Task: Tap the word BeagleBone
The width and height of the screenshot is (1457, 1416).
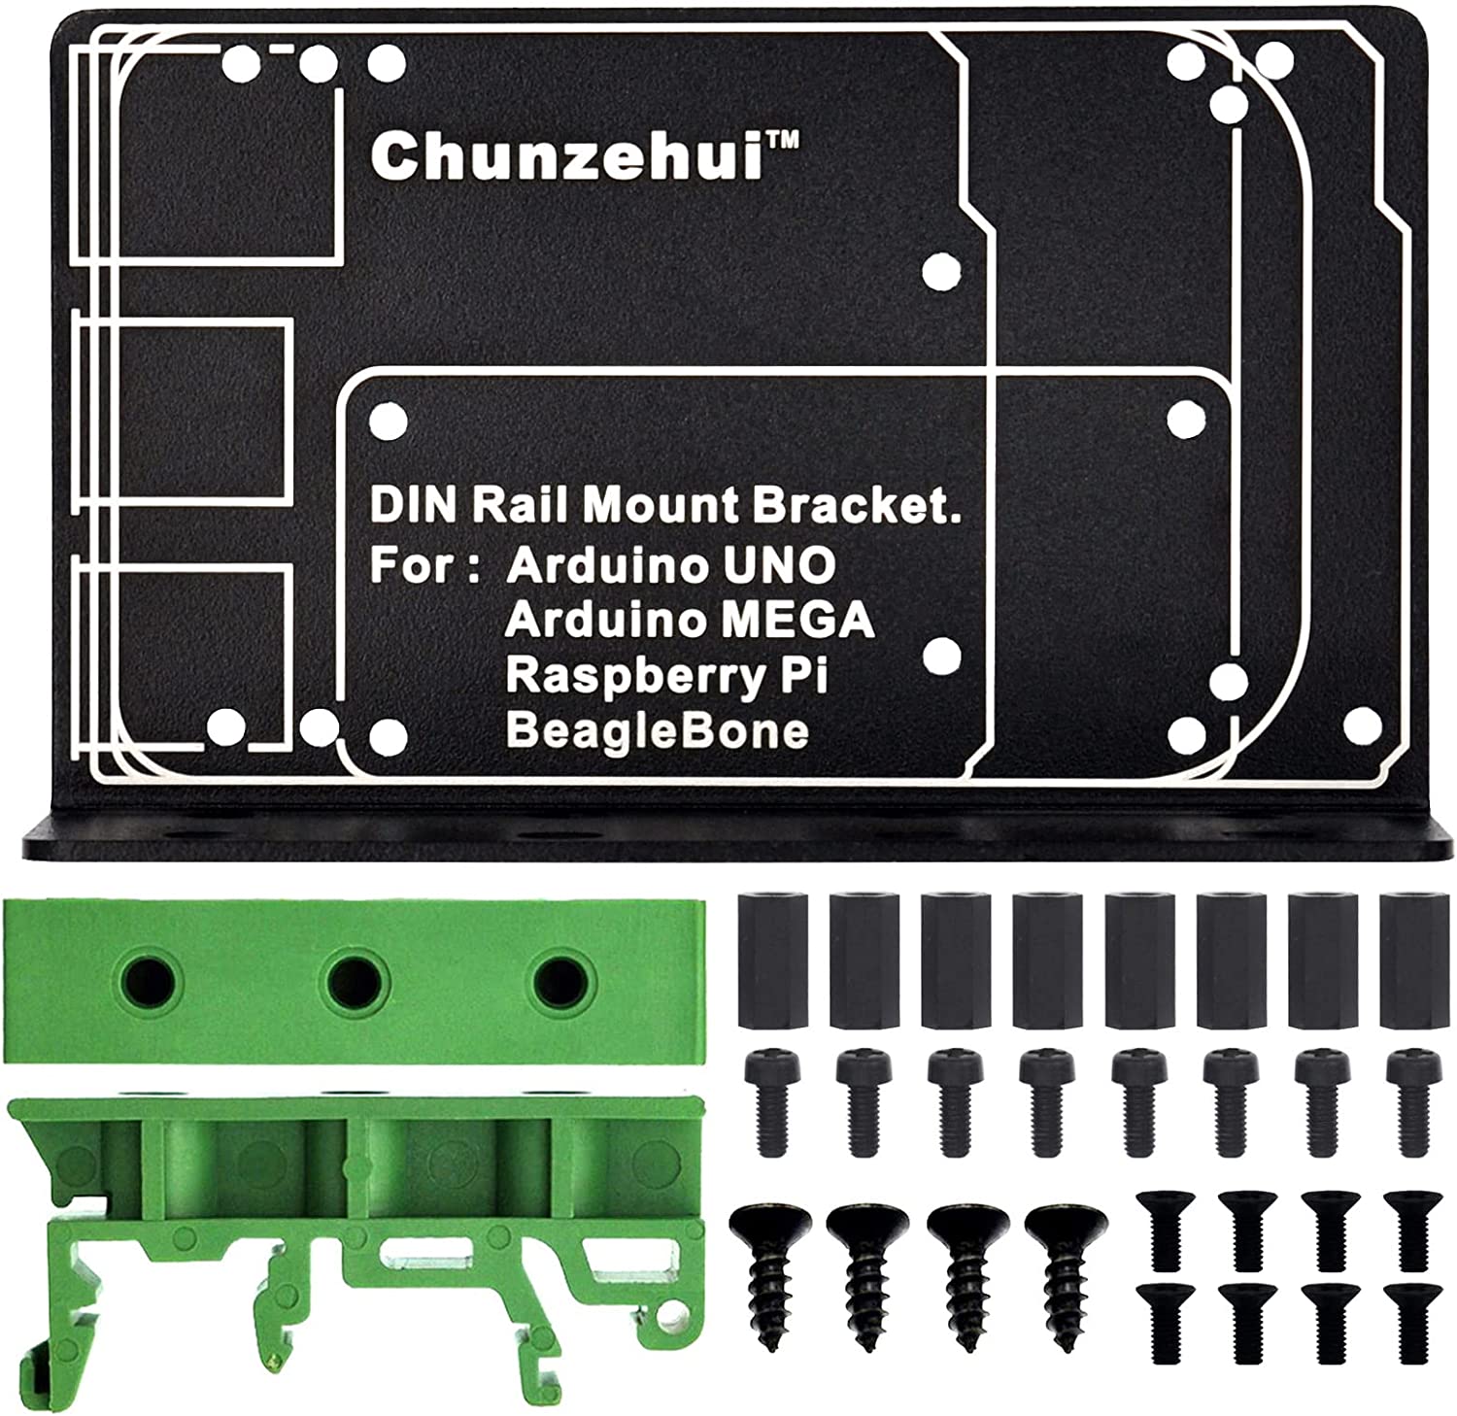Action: coord(657,730)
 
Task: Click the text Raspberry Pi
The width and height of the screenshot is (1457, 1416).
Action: coord(665,675)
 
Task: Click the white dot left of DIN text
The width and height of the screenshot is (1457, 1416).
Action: coord(389,422)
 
